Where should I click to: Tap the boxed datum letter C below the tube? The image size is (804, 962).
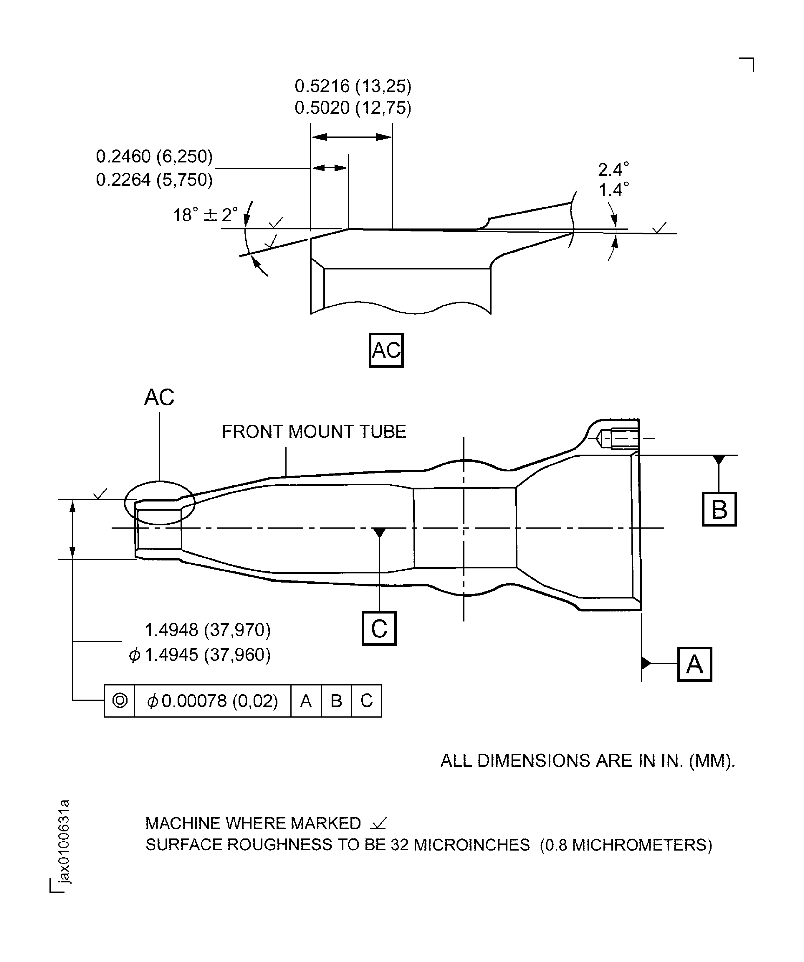pos(379,629)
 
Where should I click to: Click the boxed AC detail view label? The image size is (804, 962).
pos(386,351)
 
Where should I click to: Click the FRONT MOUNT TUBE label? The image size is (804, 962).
pos(314,432)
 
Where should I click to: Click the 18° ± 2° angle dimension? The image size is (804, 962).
pos(206,215)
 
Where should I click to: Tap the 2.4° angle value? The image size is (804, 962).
pos(613,170)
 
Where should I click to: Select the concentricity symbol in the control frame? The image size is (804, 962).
pos(120,700)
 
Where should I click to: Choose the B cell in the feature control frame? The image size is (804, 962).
pos(336,700)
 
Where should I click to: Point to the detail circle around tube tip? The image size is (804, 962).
pos(160,503)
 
